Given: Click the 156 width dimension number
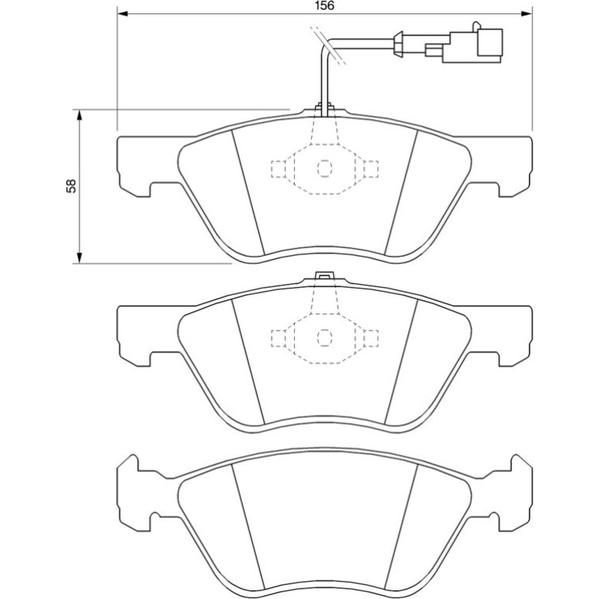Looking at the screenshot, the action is [x=324, y=5].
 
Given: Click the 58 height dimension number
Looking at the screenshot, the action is [x=72, y=186].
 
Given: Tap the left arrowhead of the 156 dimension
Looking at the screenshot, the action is [x=122, y=14].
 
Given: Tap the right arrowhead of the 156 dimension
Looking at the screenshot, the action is [x=527, y=14].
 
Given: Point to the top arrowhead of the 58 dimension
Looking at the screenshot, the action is [x=79, y=114].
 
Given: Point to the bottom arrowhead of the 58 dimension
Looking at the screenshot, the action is [x=79, y=257].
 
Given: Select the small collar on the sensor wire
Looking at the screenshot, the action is [x=399, y=44].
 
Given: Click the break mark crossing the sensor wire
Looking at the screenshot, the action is [x=328, y=45].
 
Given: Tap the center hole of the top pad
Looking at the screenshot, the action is [x=324, y=169].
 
